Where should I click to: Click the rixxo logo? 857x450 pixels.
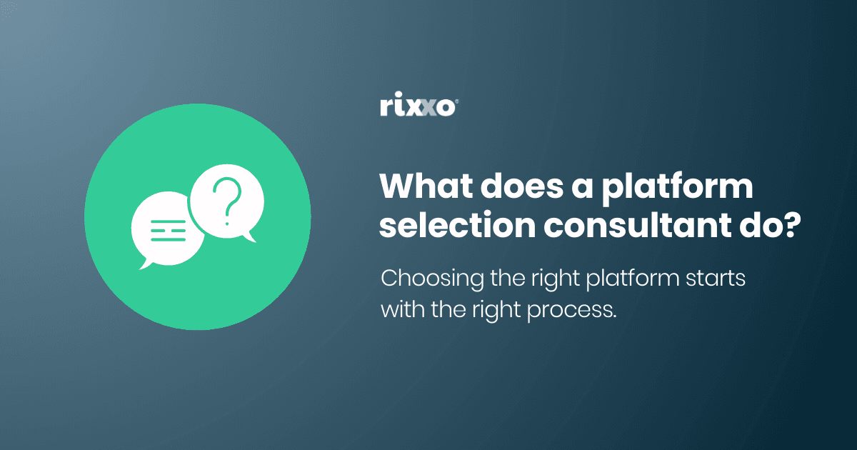pyautogui.click(x=417, y=107)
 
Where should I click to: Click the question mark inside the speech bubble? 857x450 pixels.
pyautogui.click(x=228, y=201)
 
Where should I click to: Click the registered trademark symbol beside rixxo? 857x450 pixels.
pyautogui.click(x=456, y=101)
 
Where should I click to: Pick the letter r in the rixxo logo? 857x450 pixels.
pyautogui.click(x=386, y=109)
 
